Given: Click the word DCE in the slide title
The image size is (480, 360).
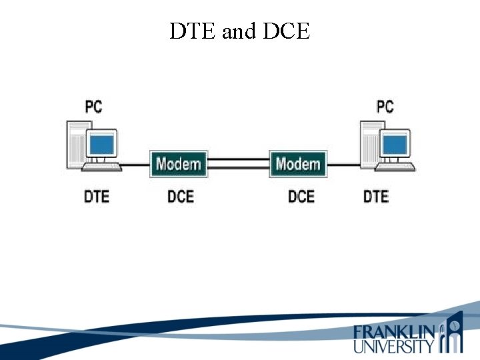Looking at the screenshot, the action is (288, 31).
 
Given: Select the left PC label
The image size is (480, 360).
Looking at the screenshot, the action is (93, 106).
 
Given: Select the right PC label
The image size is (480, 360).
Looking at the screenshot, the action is (385, 106).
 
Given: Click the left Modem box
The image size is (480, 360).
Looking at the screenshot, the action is (178, 164).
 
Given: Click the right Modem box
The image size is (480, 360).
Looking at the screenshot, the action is (297, 164).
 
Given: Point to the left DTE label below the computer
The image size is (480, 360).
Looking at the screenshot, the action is (96, 197).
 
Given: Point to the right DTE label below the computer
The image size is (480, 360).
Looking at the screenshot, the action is (376, 197).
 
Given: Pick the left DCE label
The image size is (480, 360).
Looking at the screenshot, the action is (180, 197).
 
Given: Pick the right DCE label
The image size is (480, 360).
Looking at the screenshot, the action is (301, 197).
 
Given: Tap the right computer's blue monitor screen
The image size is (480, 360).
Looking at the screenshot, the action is (395, 143).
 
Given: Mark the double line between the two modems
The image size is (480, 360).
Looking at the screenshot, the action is (238, 163).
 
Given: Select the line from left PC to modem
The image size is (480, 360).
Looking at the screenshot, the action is (136, 164).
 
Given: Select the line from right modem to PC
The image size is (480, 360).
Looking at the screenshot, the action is (344, 164).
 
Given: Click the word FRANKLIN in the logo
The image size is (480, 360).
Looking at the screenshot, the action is (394, 331).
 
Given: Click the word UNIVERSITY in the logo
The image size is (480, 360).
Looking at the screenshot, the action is (394, 346).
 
